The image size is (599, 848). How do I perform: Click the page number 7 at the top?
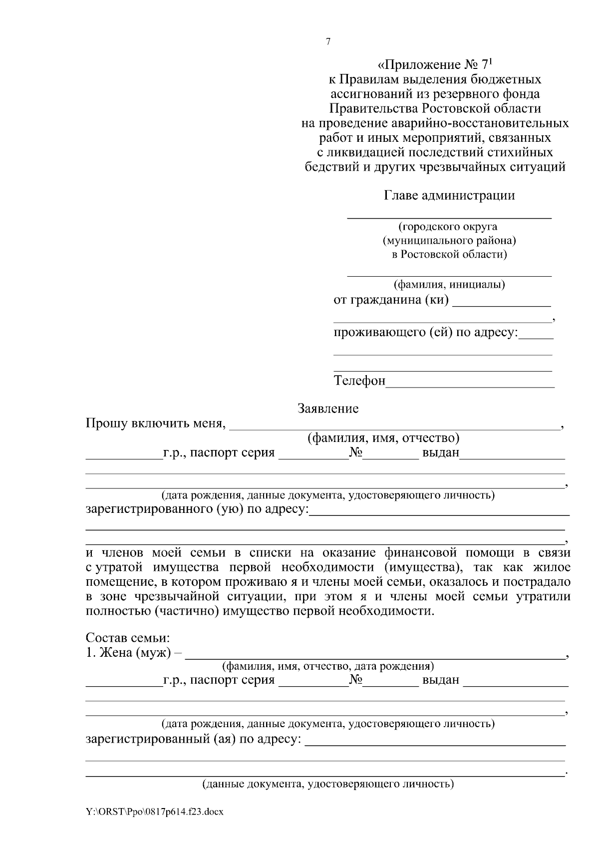coord(328,42)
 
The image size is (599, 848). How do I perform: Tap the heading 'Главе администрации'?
coord(449,195)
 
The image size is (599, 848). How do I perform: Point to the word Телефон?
coord(359,381)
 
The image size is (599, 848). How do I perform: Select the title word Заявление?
coord(328,409)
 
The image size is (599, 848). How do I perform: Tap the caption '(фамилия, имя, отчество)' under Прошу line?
coord(383,438)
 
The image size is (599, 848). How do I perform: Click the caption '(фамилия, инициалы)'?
coord(449,285)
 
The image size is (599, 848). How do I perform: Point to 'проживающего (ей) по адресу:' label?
coord(426,332)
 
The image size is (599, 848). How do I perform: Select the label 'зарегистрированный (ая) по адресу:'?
coord(194,738)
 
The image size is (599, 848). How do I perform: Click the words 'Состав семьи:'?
coord(128,638)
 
